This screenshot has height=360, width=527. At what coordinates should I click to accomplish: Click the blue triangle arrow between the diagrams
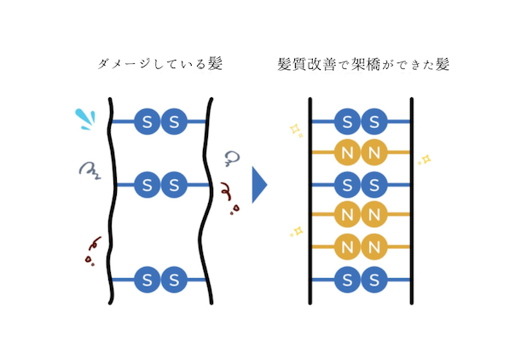(258, 184)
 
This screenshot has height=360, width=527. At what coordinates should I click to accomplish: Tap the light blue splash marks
(85, 119)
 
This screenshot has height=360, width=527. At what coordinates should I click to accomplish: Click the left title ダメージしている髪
(160, 63)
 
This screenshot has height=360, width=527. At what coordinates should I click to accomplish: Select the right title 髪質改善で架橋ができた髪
(363, 64)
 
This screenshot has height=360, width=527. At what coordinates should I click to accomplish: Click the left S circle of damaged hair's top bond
(148, 121)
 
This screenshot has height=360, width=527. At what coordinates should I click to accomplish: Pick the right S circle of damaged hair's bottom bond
(174, 279)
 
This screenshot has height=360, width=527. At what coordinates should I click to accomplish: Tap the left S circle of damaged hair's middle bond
(148, 184)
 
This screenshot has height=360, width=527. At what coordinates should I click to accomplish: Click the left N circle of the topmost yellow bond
(348, 153)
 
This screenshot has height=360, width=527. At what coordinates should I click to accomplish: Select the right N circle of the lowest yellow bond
(374, 247)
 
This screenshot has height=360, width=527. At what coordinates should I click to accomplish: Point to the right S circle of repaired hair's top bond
(374, 121)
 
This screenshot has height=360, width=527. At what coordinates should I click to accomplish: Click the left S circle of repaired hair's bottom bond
(348, 279)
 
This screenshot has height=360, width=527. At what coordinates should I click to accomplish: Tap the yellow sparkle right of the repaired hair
(425, 160)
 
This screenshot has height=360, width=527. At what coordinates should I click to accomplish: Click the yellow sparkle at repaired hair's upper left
(297, 131)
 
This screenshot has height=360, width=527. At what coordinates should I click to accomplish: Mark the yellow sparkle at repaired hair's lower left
(297, 231)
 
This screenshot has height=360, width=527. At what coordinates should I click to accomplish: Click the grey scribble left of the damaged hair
(90, 171)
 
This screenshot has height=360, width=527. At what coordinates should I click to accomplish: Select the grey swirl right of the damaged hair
(232, 159)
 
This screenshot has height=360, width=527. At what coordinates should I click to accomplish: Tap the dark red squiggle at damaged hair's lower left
(92, 251)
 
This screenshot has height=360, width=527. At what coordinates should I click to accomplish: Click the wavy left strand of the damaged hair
(112, 201)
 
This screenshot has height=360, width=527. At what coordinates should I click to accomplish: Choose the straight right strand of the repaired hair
(412, 201)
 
